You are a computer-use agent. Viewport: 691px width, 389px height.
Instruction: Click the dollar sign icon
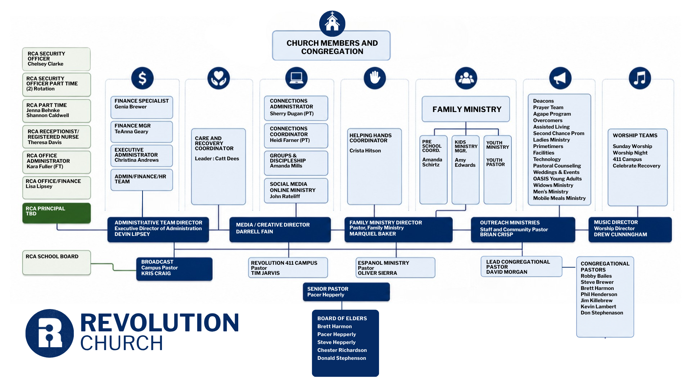143,78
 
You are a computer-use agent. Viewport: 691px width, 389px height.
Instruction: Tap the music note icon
640,78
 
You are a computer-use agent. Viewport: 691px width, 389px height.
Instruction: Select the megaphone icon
560,78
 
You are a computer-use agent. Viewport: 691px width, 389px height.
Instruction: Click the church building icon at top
332,23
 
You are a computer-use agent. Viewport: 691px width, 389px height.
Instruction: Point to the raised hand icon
375,78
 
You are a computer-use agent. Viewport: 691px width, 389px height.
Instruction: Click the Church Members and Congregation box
331,46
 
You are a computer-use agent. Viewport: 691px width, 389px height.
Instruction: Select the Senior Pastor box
346,292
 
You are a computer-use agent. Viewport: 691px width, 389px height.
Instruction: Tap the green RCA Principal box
57,213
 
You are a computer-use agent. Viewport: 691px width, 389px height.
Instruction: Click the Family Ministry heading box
466,109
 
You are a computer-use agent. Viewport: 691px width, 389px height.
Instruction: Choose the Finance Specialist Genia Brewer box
142,107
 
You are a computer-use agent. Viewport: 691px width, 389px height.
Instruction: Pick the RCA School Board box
57,263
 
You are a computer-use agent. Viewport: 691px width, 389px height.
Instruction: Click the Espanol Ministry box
395,268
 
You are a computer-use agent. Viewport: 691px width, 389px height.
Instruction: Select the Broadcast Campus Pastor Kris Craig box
174,269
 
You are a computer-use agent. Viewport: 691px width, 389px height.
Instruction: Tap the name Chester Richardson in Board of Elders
342,350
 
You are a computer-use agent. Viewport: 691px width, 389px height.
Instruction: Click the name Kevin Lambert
598,307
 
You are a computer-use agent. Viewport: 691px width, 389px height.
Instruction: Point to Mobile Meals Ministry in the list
559,198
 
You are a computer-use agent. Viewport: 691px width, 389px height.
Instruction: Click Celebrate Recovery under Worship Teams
636,166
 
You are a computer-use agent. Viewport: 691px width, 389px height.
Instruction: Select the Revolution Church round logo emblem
50,333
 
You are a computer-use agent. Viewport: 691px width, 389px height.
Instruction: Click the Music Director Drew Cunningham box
630,229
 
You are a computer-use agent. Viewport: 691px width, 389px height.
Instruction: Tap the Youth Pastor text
495,162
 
